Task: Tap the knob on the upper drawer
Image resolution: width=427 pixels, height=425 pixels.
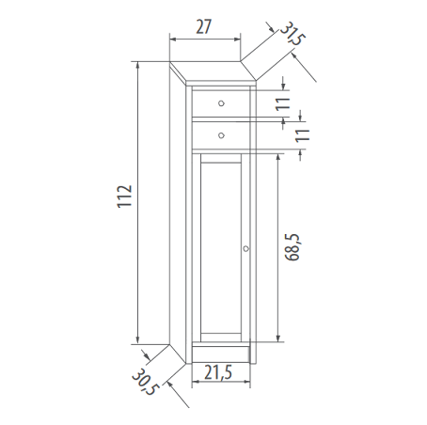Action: [221, 103]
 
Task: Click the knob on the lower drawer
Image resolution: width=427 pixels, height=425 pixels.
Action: [221, 135]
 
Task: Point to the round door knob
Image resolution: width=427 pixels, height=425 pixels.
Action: [246, 249]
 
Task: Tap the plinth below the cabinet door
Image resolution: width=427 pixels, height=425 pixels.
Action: [221, 353]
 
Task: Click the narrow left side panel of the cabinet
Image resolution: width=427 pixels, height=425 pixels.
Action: [176, 216]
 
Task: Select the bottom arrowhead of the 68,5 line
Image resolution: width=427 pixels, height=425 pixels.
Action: [280, 339]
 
